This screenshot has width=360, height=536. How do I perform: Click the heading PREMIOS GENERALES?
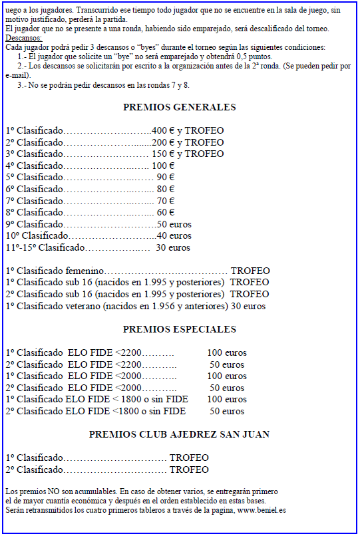(x=179, y=107)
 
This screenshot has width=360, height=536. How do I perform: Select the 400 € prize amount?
(x=163, y=130)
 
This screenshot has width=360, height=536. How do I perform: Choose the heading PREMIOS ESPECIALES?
(x=179, y=329)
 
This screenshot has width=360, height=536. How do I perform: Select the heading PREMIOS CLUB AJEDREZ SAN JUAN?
(x=179, y=434)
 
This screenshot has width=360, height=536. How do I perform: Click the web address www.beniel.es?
(x=262, y=510)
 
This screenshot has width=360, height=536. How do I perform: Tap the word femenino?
(x=85, y=271)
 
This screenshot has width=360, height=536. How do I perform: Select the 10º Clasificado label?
(x=37, y=235)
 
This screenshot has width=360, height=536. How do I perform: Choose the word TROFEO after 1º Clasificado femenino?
(x=250, y=271)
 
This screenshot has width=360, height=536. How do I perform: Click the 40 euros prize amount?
(x=174, y=235)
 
